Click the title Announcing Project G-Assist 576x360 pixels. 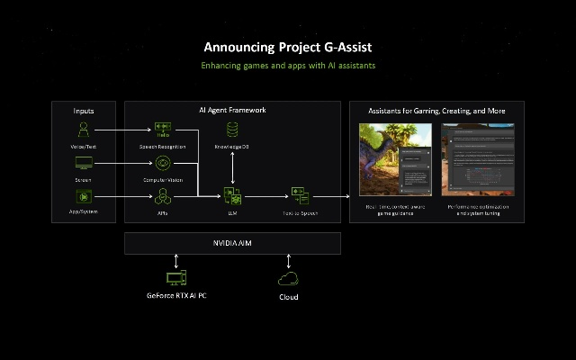(x=287, y=47)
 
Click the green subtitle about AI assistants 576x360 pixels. (x=287, y=66)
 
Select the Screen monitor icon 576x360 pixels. (x=84, y=163)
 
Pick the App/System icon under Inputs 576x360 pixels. (x=84, y=195)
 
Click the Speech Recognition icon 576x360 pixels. (x=163, y=128)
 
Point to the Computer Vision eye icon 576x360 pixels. (x=163, y=163)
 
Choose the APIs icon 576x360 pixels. (x=163, y=195)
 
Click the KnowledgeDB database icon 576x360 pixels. (x=232, y=129)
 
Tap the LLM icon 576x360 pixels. (x=232, y=195)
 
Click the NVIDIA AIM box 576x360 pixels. (x=232, y=243)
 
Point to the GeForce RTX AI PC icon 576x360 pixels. (x=176, y=278)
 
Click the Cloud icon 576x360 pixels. (x=288, y=279)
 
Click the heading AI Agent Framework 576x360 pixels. (x=232, y=110)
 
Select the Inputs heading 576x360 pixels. (x=84, y=111)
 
